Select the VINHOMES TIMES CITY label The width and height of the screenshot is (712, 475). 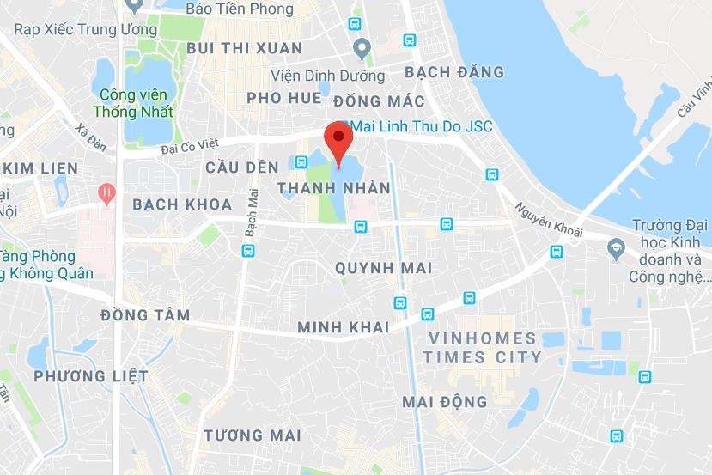(482, 348)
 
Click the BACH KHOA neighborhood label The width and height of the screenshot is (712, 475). (182, 204)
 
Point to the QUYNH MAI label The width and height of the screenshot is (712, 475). (383, 268)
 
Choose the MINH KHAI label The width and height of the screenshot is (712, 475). (343, 327)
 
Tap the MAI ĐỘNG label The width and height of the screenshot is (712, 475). (444, 401)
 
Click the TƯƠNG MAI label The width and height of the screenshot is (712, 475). (253, 436)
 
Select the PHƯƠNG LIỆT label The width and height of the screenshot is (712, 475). (91, 376)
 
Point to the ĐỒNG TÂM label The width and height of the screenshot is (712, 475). (145, 315)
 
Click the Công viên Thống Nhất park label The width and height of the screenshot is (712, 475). (136, 103)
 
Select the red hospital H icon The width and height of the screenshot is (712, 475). (106, 193)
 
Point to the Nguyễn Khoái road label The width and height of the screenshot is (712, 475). (549, 221)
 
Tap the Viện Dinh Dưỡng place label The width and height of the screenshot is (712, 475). (312, 75)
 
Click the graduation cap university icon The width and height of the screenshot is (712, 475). (616, 250)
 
